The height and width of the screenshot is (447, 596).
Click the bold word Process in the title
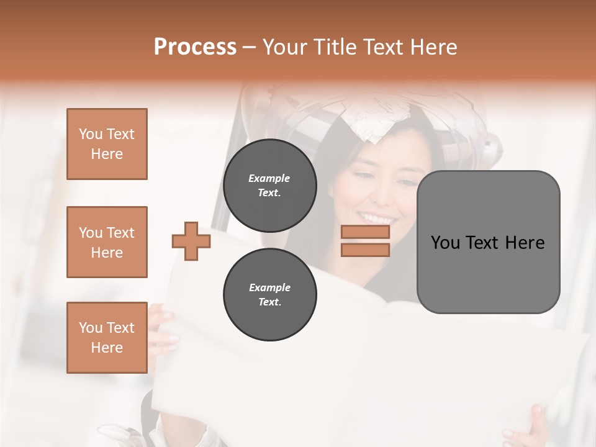(x=195, y=47)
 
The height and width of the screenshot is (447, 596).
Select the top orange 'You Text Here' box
(x=107, y=144)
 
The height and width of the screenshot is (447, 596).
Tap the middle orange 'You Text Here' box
(x=107, y=242)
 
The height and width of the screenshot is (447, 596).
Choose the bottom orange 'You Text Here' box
(x=107, y=337)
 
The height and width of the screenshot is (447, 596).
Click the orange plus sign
(x=191, y=241)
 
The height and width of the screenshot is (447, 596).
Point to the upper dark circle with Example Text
(x=269, y=186)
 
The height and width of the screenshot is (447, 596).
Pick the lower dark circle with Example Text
(x=269, y=295)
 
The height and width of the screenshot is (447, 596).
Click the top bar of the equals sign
(x=366, y=232)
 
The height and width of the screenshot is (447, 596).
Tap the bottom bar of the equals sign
(x=366, y=250)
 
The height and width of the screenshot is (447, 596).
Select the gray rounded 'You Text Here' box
(x=488, y=242)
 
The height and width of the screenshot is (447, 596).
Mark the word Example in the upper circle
(x=269, y=178)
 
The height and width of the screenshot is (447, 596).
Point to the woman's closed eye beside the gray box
(x=405, y=184)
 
